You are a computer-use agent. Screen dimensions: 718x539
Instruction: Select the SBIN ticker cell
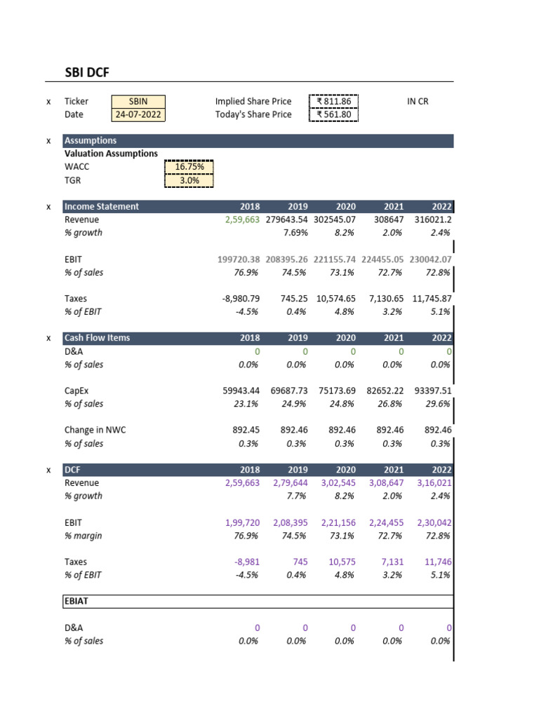tap(138, 102)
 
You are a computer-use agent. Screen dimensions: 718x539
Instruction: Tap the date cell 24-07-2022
tap(138, 115)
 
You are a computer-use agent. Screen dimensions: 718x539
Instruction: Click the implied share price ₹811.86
tap(334, 102)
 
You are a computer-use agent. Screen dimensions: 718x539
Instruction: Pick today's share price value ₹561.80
tap(334, 115)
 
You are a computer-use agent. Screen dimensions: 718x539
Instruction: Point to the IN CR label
tap(418, 102)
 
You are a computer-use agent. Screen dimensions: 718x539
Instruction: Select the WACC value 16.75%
tap(189, 167)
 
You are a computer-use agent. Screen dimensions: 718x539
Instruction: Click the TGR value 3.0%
tap(189, 180)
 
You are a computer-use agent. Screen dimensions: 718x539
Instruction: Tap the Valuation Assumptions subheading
tap(111, 154)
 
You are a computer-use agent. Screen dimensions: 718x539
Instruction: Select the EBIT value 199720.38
tap(240, 259)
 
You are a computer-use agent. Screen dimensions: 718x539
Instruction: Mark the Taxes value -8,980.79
tap(241, 299)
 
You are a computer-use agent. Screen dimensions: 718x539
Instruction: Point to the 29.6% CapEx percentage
tap(439, 404)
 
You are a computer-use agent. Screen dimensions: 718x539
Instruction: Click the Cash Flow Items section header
tap(97, 338)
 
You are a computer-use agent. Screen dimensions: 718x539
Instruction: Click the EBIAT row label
tap(76, 602)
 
